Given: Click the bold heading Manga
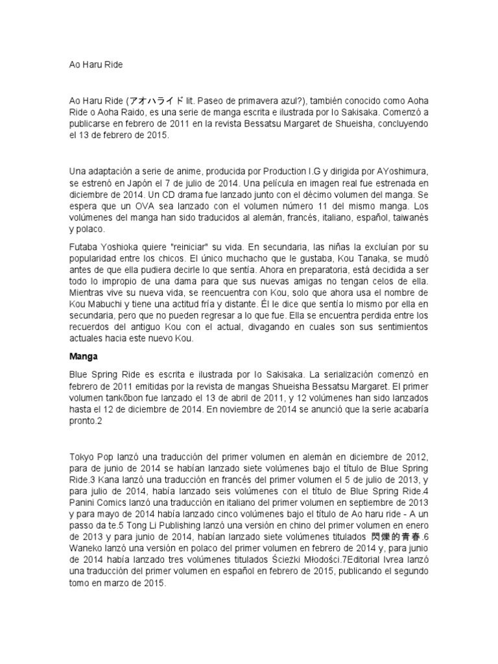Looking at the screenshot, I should pyautogui.click(x=82, y=356).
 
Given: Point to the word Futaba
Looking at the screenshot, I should pyautogui.click(x=84, y=247).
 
